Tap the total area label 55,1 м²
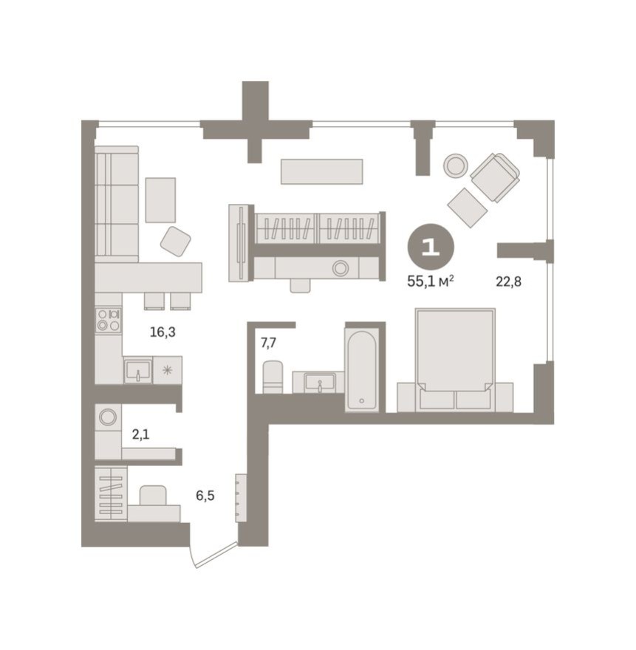tap(430, 281)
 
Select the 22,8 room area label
tap(509, 281)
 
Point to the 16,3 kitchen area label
tap(163, 332)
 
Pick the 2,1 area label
tap(140, 434)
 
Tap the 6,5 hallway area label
tap(205, 496)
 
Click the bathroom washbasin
tap(318, 383)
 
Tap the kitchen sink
tap(137, 370)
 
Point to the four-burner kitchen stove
tap(109, 320)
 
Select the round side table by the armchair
tap(456, 165)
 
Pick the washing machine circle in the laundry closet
tap(108, 417)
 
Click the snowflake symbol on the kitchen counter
tap(168, 370)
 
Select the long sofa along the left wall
tap(117, 203)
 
